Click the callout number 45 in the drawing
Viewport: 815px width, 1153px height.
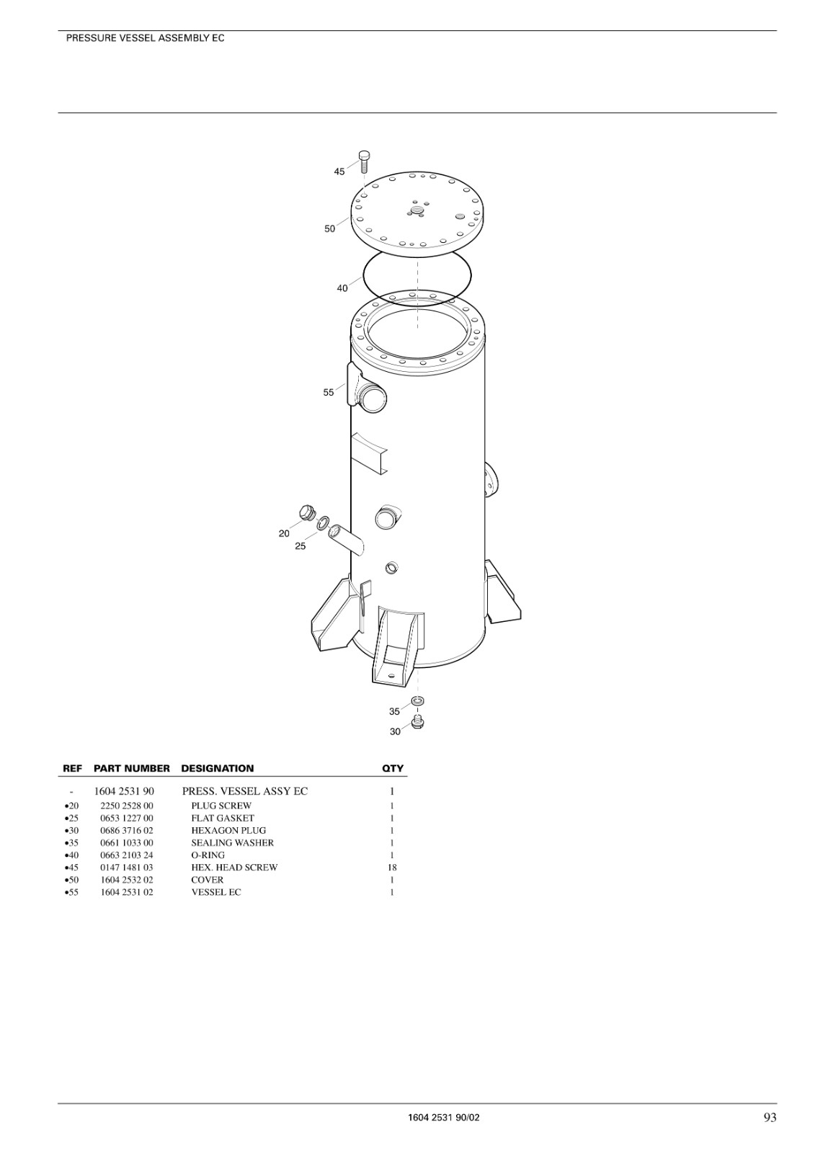click(339, 172)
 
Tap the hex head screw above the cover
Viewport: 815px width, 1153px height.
click(365, 162)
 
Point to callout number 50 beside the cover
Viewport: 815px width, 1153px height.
click(329, 228)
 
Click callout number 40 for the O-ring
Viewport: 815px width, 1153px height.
click(342, 288)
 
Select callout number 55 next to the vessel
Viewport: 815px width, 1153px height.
click(329, 392)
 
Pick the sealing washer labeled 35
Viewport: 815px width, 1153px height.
click(418, 701)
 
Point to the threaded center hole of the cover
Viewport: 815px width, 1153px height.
click(416, 210)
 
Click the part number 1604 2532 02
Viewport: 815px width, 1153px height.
click(127, 880)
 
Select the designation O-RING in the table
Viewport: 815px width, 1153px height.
click(208, 855)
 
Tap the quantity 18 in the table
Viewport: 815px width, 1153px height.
click(392, 868)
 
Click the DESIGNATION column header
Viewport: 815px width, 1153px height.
click(218, 768)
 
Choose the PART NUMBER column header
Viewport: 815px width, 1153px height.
click(132, 768)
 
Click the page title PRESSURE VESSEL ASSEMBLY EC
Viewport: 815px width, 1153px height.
click(145, 38)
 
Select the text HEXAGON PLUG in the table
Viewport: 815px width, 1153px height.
click(228, 830)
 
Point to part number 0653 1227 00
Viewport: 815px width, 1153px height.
click(127, 818)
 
